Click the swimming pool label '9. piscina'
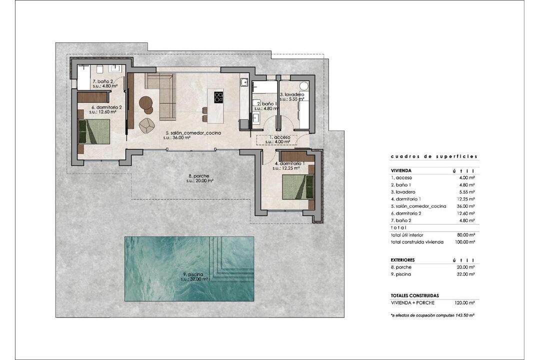[193, 274]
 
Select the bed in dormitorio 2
[94, 131]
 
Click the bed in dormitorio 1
[298, 187]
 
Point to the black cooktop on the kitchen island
[218, 97]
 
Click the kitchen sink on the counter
[244, 82]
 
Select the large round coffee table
[145, 102]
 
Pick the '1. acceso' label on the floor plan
[279, 137]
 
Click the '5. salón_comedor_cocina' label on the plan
[193, 132]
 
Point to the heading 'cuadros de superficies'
[434, 156]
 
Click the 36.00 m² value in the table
[467, 206]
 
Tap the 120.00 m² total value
[465, 303]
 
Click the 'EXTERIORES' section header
[402, 260]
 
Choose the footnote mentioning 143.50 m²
[433, 315]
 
